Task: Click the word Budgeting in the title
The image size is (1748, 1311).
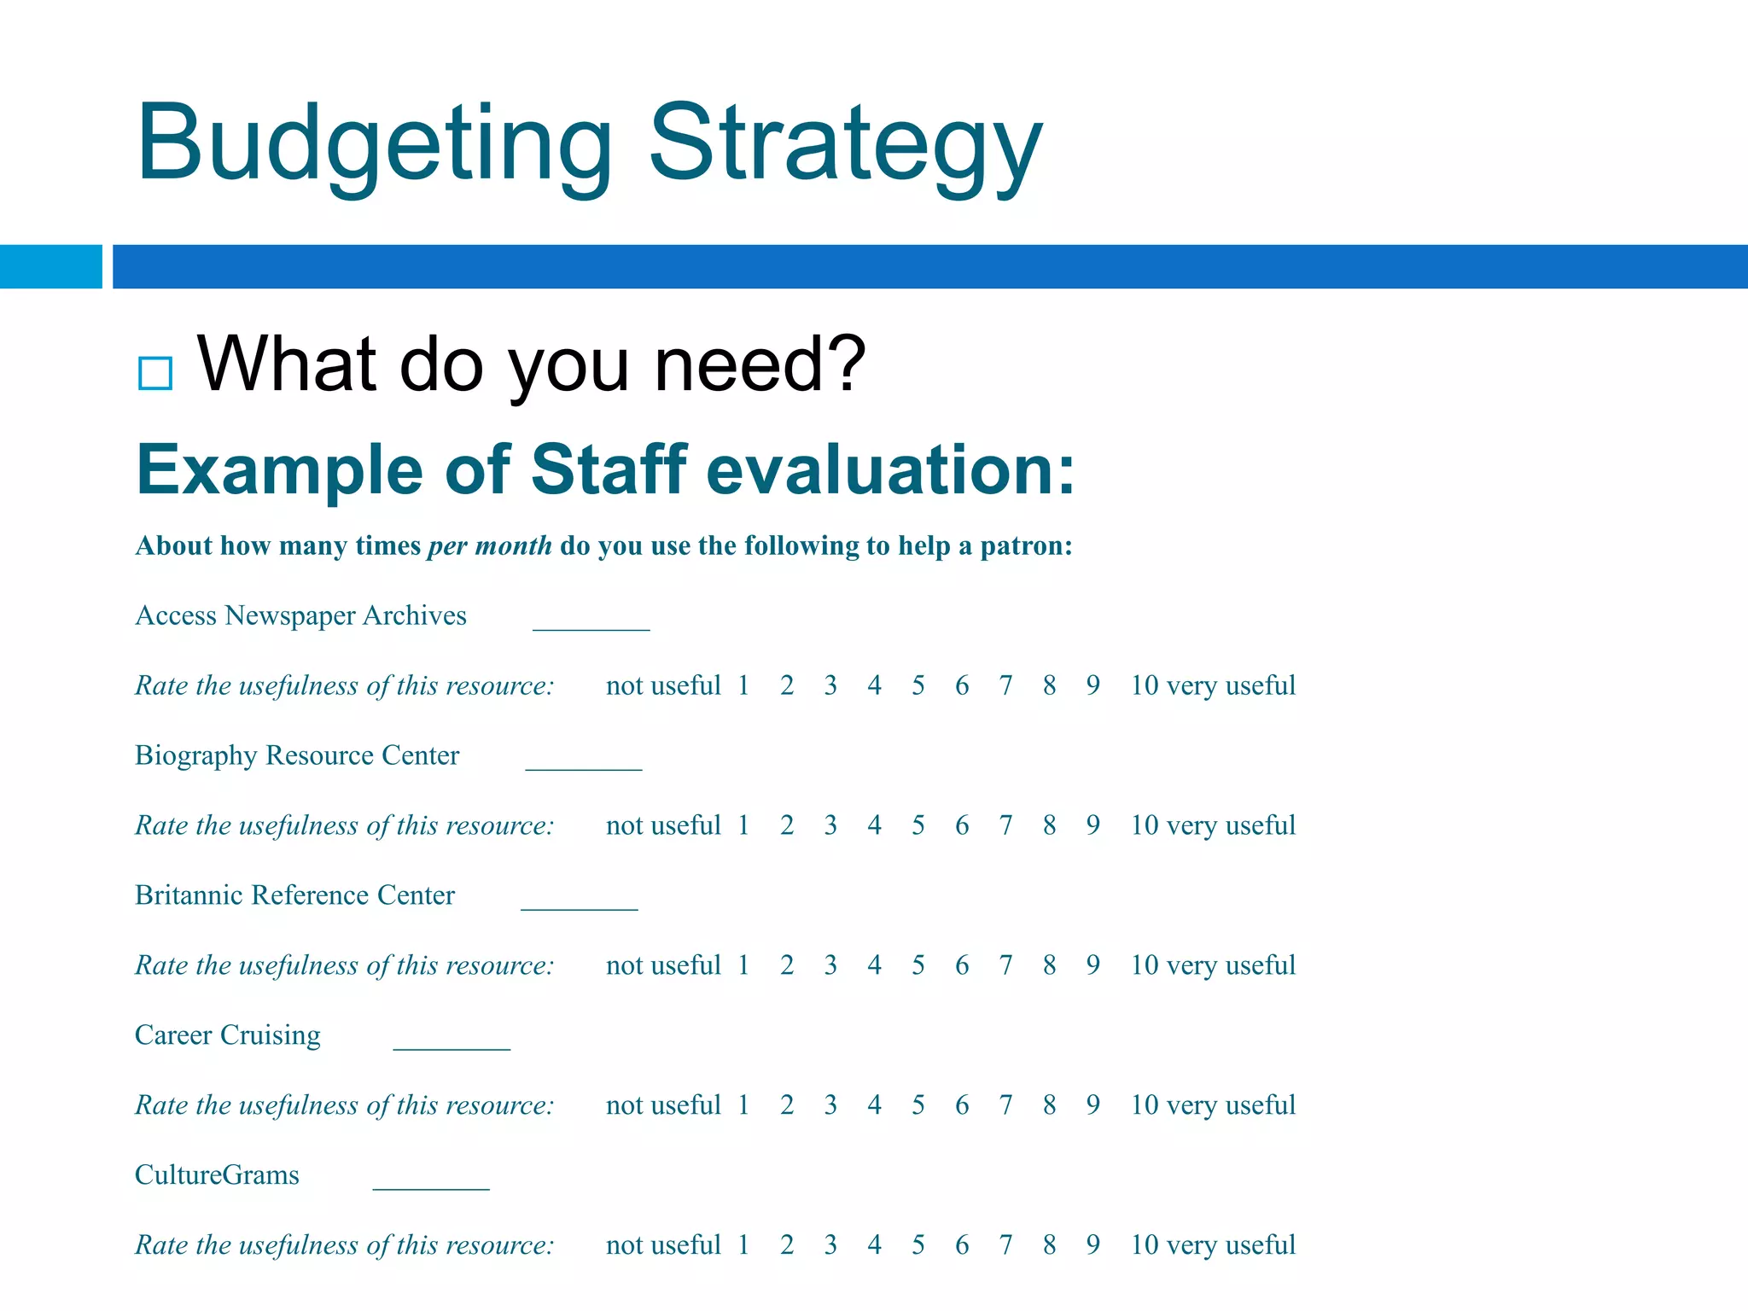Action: [x=374, y=145]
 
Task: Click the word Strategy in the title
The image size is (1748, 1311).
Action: [x=845, y=145]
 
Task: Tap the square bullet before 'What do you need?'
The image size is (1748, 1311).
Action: [x=155, y=373]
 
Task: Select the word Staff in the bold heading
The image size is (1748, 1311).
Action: [x=609, y=469]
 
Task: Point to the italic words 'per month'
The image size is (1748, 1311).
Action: [x=490, y=545]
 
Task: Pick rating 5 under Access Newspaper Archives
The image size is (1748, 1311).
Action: [x=918, y=685]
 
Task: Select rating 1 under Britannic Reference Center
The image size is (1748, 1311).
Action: [x=743, y=965]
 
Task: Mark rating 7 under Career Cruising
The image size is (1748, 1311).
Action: [x=1005, y=1105]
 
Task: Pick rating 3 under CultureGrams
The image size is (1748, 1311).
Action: [x=830, y=1245]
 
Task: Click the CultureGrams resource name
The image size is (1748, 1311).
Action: [x=217, y=1175]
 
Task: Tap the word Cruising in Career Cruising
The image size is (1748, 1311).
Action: [x=271, y=1035]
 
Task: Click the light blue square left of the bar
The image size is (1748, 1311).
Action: [x=50, y=266]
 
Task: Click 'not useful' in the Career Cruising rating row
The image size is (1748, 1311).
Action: [x=663, y=1105]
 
